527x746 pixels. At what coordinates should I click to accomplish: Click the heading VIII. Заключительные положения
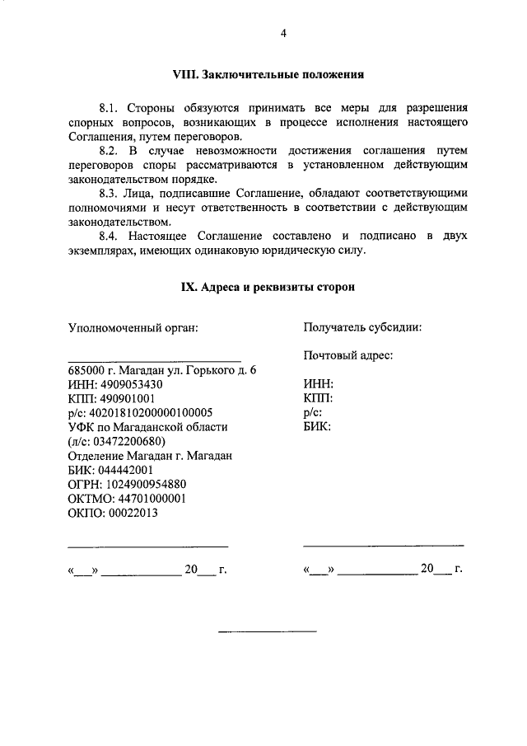click(268, 74)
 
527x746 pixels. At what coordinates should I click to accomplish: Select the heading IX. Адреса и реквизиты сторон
click(268, 287)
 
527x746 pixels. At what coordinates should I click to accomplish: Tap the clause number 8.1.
click(110, 108)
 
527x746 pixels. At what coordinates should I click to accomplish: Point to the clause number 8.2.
click(110, 151)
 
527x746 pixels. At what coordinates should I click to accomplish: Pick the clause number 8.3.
click(110, 194)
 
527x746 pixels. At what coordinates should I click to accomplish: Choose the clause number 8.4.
click(110, 237)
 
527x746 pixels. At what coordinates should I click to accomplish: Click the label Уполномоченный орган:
click(133, 327)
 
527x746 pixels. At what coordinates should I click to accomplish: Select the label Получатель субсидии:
click(362, 327)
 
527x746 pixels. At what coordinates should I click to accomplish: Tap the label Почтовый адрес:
click(347, 356)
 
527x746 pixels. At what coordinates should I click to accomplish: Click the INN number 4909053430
click(131, 385)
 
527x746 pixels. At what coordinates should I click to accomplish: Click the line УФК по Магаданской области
click(147, 427)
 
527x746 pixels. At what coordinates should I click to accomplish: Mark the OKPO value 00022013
click(131, 512)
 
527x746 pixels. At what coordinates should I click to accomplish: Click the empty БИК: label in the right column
click(317, 427)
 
